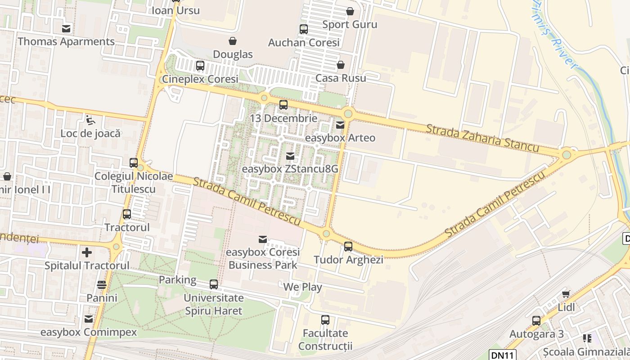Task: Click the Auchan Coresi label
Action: pos(304,43)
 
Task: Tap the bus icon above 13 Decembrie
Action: pos(283,105)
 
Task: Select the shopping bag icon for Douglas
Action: pos(233,41)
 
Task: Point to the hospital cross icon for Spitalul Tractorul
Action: pos(87,252)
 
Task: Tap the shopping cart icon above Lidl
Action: pos(566,294)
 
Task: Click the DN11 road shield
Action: pos(503,355)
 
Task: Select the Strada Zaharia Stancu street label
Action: pos(482,138)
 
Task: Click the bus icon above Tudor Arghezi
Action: pos(348,247)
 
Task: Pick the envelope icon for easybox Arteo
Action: pos(340,125)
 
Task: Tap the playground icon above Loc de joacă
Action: pos(90,120)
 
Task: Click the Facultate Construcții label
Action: pos(325,340)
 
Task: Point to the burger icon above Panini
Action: pos(102,285)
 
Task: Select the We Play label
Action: pos(302,287)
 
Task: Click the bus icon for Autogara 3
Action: pos(536,321)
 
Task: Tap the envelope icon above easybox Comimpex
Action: pos(89,319)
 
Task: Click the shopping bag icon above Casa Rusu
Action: pos(341,65)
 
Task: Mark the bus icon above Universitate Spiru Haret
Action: pos(214,284)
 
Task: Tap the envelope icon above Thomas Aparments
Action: pos(66,29)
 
